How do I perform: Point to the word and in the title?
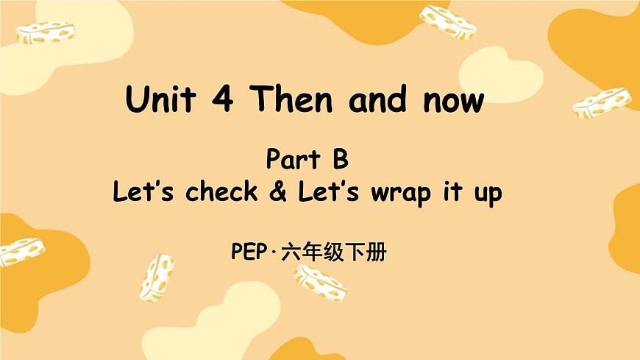pyautogui.click(x=377, y=100)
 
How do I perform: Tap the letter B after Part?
pyautogui.click(x=340, y=160)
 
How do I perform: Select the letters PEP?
pyautogui.click(x=247, y=255)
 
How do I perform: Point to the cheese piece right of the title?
pyautogui.click(x=602, y=102)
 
